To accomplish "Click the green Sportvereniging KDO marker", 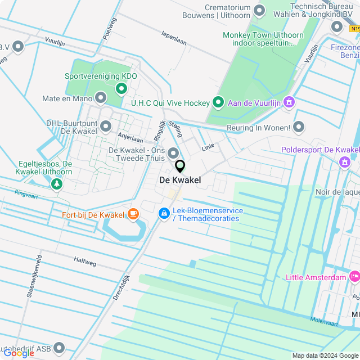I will [121, 89].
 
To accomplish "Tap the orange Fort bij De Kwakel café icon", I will [133, 213].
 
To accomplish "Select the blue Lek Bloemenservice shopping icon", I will [164, 213].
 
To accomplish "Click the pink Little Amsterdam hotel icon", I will [354, 276].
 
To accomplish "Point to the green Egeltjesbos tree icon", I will [56, 183].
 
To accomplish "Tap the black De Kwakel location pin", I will [180, 166].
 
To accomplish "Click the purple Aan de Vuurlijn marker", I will [289, 102].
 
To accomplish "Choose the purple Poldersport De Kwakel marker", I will [344, 162].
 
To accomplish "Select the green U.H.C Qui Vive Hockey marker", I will [218, 102].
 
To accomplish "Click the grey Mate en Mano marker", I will [101, 98].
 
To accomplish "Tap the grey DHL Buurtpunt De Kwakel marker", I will [105, 126].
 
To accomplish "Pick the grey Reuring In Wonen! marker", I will [299, 128].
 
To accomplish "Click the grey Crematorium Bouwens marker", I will [259, 10].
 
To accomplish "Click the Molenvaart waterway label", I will [324, 321].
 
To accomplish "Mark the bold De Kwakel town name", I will [180, 180].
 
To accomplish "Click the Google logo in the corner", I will [19, 353].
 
